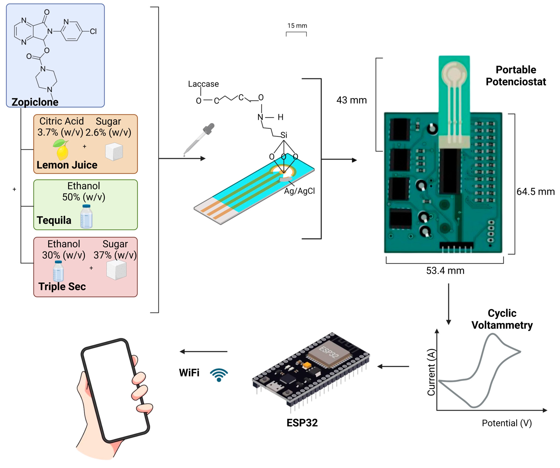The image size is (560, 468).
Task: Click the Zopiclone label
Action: pyautogui.click(x=35, y=102)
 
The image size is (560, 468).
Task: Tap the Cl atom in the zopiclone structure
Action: pyautogui.click(x=93, y=31)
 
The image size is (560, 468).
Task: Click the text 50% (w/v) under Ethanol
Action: pyautogui.click(x=84, y=197)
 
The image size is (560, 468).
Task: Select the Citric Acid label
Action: pyautogui.click(x=62, y=121)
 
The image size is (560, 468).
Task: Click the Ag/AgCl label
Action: pyautogui.click(x=299, y=191)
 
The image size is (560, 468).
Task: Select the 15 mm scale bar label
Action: pyautogui.click(x=297, y=26)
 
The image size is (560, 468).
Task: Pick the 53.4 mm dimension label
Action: pyautogui.click(x=445, y=271)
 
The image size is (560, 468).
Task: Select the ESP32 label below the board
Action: pyautogui.click(x=302, y=423)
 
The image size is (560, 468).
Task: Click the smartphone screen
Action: pyautogui.click(x=115, y=390)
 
